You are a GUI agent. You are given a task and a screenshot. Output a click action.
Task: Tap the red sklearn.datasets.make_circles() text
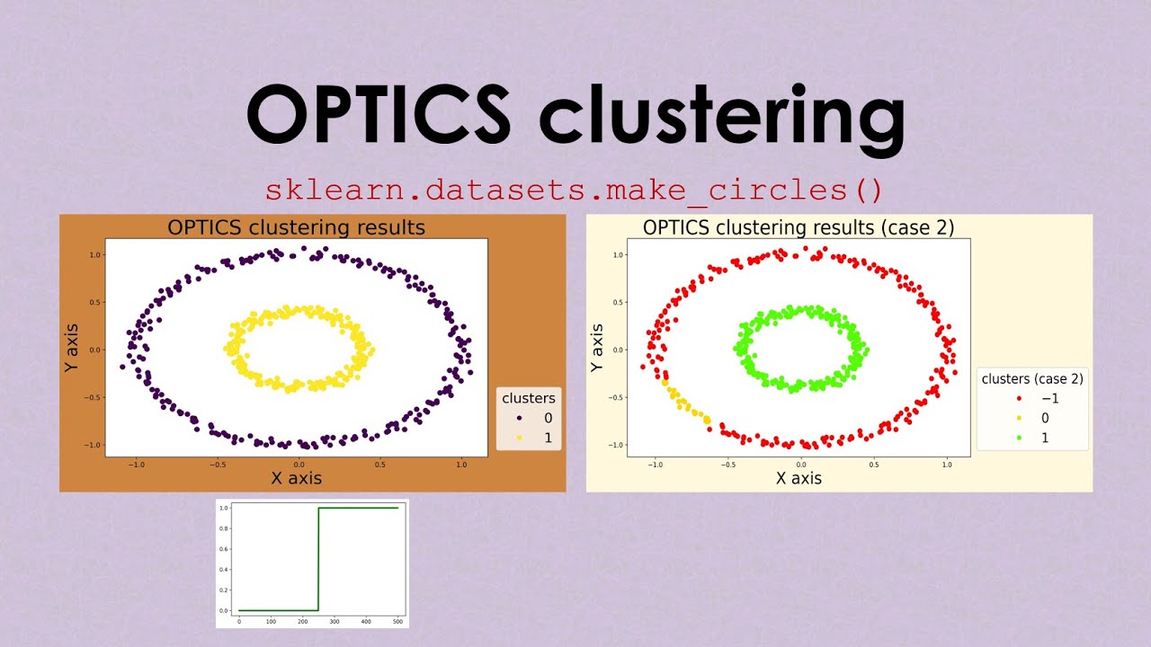[x=574, y=191]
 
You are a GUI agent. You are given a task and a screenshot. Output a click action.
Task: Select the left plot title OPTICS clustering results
[x=296, y=227]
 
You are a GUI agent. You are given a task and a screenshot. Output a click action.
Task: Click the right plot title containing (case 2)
[x=798, y=227]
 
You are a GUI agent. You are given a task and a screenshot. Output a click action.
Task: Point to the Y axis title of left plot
[x=72, y=350]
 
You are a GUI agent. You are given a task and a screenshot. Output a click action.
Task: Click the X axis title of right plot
[x=799, y=478]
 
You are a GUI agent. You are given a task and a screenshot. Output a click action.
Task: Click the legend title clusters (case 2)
[x=1031, y=379]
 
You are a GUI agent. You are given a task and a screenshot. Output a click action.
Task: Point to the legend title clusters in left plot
[x=528, y=398]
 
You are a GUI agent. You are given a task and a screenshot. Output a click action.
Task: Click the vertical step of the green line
[x=318, y=559]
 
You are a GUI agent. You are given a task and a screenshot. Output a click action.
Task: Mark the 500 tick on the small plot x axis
[x=397, y=621]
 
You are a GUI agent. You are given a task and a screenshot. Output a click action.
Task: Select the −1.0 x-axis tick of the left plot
[x=137, y=465]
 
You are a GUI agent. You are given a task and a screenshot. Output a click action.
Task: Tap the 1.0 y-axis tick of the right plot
[x=620, y=254]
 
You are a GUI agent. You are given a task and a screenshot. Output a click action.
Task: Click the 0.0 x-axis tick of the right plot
[x=800, y=465]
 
